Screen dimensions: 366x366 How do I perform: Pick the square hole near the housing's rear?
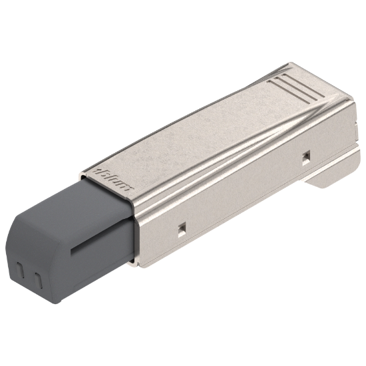[305, 156]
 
